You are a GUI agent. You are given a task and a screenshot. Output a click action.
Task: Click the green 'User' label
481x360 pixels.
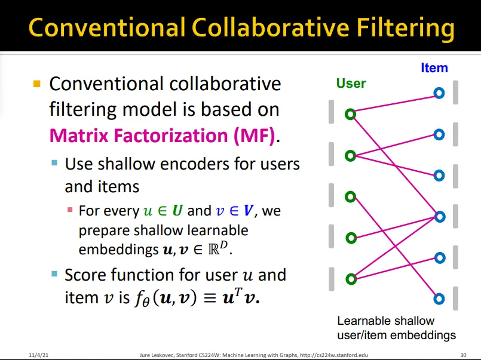[x=351, y=84]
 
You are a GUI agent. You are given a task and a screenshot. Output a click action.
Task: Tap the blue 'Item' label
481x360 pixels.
[x=434, y=67]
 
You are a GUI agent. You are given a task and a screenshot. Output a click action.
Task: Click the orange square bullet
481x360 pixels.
[x=37, y=84]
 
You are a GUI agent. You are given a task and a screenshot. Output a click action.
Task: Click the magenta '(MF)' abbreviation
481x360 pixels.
[x=255, y=136]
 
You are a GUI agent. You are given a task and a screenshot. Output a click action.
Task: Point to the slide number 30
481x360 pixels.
[x=463, y=355]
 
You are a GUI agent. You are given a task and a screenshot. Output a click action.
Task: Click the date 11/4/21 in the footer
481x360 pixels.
[x=39, y=355]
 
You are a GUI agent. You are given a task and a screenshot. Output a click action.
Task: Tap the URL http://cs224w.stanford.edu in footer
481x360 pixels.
[x=334, y=355]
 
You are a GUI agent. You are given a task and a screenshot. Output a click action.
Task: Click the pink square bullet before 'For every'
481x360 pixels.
[x=70, y=210]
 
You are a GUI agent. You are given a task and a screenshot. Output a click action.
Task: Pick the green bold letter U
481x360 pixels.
[x=177, y=211]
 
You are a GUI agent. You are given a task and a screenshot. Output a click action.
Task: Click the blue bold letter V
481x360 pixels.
[x=248, y=211]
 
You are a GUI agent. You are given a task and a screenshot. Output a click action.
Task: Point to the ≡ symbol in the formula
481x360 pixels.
[x=210, y=297]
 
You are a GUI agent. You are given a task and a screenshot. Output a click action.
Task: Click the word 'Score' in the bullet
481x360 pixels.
[x=85, y=275]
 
